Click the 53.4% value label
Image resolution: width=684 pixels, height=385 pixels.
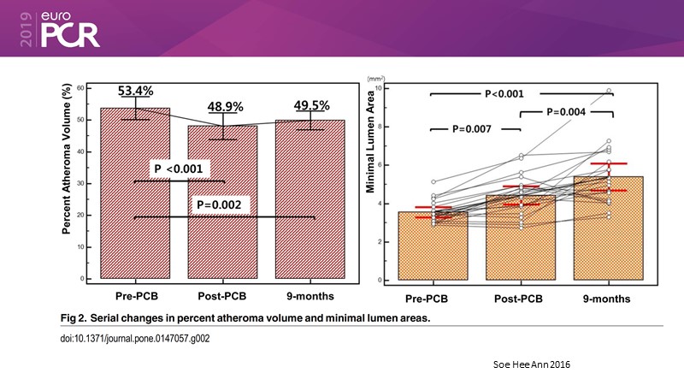(137, 92)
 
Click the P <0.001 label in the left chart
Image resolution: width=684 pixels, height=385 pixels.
(178, 169)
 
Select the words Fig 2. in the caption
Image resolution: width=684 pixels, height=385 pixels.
(76, 317)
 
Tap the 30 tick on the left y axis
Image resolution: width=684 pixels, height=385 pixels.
(80, 183)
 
